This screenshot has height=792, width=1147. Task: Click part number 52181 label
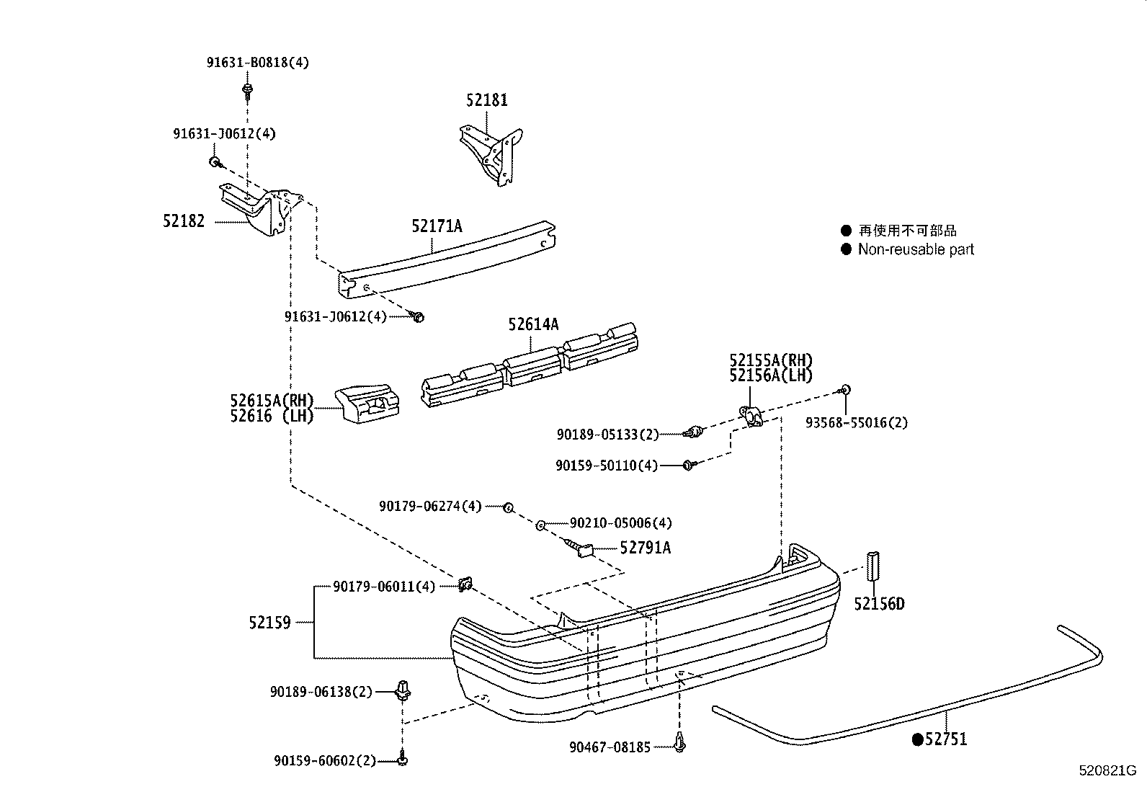click(x=486, y=100)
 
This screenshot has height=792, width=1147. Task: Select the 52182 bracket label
click(x=183, y=221)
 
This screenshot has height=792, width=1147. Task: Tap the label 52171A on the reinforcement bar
click(x=437, y=226)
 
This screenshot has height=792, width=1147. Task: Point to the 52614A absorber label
click(x=533, y=324)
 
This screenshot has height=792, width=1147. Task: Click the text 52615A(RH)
click(x=272, y=401)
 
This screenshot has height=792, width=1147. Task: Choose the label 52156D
click(x=879, y=604)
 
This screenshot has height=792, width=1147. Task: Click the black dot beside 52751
click(x=917, y=739)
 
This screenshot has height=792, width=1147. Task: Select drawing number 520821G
click(x=1107, y=770)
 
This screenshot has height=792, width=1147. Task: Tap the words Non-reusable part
click(x=915, y=249)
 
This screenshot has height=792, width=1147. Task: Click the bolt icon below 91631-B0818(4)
click(x=247, y=91)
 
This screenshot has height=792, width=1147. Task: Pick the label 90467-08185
click(x=609, y=748)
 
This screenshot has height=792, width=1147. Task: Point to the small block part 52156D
click(x=873, y=564)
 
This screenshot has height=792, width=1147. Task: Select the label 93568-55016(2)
click(x=857, y=423)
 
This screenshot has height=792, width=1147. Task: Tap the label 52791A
click(x=645, y=548)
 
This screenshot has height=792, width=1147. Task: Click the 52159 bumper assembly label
click(x=269, y=622)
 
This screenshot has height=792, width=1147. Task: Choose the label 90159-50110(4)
click(x=607, y=466)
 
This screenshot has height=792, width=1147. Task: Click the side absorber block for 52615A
click(x=367, y=404)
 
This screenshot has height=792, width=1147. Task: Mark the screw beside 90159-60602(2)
click(x=403, y=759)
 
